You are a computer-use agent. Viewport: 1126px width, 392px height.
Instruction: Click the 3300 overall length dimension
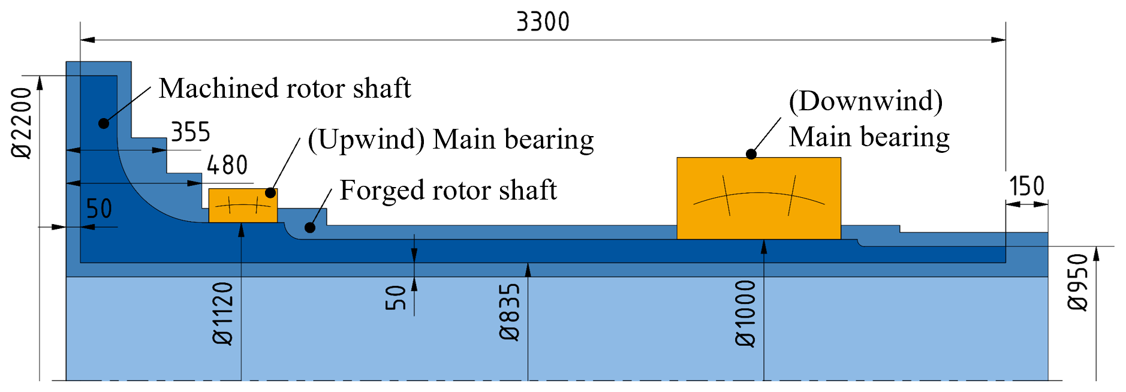coord(543,22)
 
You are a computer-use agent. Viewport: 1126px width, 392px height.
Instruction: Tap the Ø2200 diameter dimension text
coord(22,122)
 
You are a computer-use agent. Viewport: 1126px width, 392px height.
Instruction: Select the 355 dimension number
coord(191,132)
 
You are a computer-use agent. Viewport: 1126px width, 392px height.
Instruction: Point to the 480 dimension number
coord(227,165)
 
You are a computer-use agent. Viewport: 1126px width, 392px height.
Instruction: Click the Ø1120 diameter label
coord(223,313)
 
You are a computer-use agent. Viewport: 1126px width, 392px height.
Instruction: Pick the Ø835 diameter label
coord(510,312)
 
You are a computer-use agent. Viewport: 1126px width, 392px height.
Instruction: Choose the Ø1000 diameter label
coord(746,313)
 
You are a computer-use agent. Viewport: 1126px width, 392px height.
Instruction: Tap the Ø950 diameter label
coord(1078,282)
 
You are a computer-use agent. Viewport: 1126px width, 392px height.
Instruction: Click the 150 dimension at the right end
coord(1026,186)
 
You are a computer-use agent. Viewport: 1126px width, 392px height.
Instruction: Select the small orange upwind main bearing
coord(243,206)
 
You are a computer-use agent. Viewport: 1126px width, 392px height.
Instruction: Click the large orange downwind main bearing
coord(758,198)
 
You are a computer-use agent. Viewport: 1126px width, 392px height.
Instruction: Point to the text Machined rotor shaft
coord(285,88)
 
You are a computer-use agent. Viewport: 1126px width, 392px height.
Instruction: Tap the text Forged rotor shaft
coord(448,190)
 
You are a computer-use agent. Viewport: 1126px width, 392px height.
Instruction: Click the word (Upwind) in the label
coord(366,139)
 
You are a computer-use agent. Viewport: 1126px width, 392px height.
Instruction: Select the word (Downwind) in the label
coord(865,101)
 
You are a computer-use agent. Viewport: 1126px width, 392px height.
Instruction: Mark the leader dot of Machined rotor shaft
coord(104,123)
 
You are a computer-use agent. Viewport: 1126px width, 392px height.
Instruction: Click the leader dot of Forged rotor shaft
coord(310,228)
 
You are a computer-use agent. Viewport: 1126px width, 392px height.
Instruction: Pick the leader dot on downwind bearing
coord(751,154)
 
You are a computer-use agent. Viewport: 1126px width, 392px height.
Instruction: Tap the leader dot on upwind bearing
coord(270,193)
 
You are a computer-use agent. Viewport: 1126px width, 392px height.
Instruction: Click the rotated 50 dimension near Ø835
coord(396,297)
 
